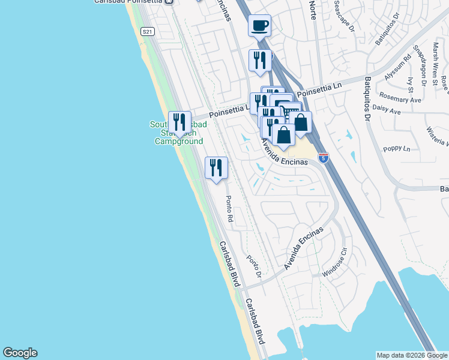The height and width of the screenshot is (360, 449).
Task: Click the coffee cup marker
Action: click(259, 26)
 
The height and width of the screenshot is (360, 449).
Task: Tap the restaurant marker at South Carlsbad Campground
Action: click(179, 122)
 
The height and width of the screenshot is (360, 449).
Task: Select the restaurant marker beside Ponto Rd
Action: click(216, 167)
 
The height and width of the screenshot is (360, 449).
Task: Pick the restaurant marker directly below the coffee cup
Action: click(259, 61)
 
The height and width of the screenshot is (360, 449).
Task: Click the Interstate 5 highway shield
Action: click(323, 158)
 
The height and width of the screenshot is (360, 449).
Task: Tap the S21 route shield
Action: click(147, 31)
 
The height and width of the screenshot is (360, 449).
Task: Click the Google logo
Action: click(20, 353)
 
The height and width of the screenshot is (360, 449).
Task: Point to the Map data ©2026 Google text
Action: click(411, 355)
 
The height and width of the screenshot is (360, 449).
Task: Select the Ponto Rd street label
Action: click(229, 209)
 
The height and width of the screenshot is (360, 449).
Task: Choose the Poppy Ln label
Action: click(397, 148)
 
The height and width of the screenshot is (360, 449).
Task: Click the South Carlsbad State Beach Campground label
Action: click(178, 133)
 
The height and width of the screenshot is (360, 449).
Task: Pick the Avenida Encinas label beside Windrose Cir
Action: click(304, 247)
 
